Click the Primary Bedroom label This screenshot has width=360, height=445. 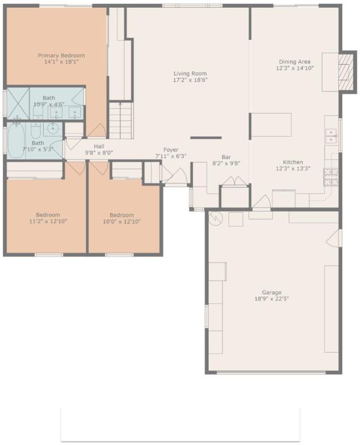pyautogui.click(x=61, y=55)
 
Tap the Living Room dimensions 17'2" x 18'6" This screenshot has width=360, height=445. pyautogui.click(x=190, y=80)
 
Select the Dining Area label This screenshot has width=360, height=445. pyautogui.click(x=295, y=62)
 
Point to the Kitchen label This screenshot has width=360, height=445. pyautogui.click(x=293, y=162)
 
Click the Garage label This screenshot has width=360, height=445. pyautogui.click(x=272, y=292)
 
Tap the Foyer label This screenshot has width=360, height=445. pyautogui.click(x=171, y=150)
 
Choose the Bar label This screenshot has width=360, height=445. pyautogui.click(x=226, y=157)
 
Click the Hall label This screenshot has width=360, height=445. pyautogui.click(x=99, y=146)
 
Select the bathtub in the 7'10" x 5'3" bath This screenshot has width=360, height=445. pyautogui.click(x=16, y=140)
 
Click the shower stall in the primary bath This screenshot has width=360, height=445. pyautogui.click(x=18, y=103)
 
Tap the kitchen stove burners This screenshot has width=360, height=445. pyautogui.click(x=331, y=177)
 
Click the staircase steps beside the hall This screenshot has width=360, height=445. pyautogui.click(x=121, y=121)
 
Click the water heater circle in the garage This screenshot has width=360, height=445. pyautogui.click(x=216, y=218)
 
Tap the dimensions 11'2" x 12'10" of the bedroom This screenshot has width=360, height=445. pyautogui.click(x=48, y=221)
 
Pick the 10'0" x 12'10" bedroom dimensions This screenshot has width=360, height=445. pyautogui.click(x=122, y=221)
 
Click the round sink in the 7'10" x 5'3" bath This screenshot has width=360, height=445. pyautogui.click(x=53, y=129)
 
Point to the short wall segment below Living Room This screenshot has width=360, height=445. pyautogui.click(x=206, y=138)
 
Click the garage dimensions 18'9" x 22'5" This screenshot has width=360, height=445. pyautogui.click(x=272, y=299)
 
